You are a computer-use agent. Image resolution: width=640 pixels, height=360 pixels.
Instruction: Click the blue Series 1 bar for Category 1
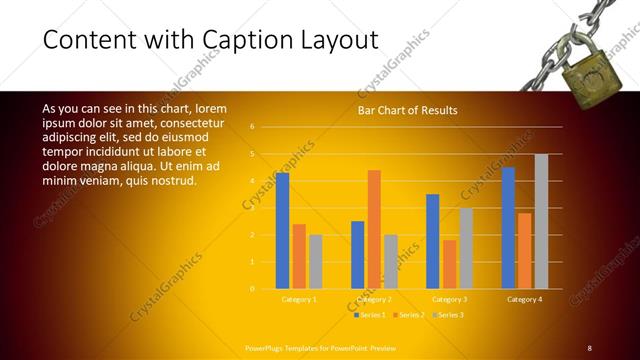coord(282,230)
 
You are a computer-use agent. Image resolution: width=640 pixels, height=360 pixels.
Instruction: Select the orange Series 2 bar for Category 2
coord(374,229)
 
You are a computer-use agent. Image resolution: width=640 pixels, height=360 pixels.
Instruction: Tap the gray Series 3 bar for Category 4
coord(541,221)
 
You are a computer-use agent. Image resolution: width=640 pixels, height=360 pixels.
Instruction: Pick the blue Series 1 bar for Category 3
coord(433,241)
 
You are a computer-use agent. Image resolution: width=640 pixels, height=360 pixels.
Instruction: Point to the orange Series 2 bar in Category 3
coord(449,264)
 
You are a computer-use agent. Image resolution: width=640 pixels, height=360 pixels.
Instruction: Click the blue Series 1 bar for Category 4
coord(508,227)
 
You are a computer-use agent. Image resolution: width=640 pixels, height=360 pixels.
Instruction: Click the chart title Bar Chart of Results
coord(407,110)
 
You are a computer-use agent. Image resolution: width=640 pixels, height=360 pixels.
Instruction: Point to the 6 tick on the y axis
coord(253,127)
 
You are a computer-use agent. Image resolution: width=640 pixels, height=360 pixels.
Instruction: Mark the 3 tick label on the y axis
coord(253,208)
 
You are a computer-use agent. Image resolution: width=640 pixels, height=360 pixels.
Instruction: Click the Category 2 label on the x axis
coord(374,299)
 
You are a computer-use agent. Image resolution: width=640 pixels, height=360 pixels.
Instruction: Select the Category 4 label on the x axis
coord(524,299)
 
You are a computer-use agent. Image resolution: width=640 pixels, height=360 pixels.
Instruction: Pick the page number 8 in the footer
coord(590,347)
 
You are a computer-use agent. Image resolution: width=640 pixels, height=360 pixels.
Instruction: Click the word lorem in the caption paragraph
coord(210,108)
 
